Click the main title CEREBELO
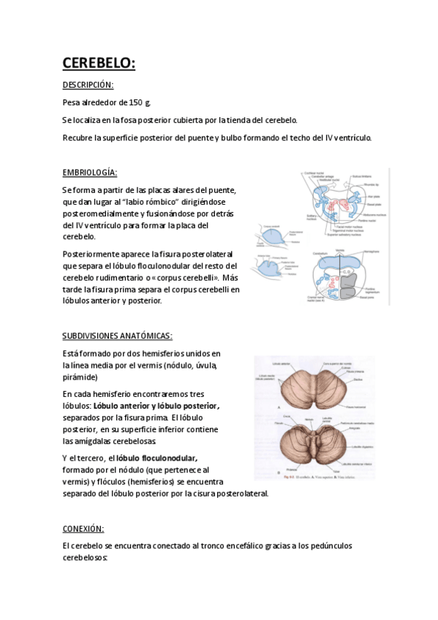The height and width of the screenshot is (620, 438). coord(98,64)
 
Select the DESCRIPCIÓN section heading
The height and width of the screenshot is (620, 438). coord(88,86)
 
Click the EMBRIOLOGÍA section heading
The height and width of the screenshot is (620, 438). coord(90,173)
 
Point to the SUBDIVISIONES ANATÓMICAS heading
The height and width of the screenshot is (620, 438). coord(117,336)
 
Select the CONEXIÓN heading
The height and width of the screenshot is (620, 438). coord(83,528)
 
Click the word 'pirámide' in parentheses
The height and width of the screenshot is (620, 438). coord(80,377)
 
